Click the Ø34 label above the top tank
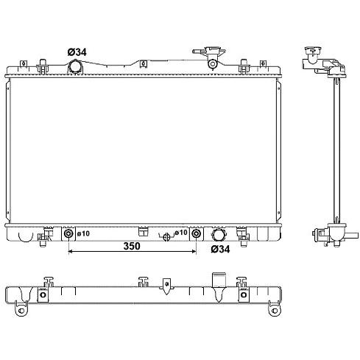tap(77, 52)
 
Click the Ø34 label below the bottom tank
tap(220, 250)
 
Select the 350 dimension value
tap(132, 246)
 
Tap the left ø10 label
tap(83, 233)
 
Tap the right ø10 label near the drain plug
tap(181, 232)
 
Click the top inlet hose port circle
tap(75, 66)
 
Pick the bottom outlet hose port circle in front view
tap(218, 235)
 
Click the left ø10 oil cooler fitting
tap(68, 233)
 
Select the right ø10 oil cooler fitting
tap(196, 233)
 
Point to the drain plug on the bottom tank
tap(166, 237)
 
